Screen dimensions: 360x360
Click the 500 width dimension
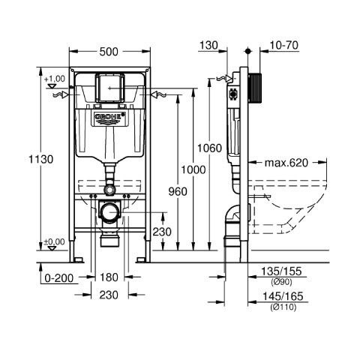point(109,52)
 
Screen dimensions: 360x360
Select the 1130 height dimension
point(41,159)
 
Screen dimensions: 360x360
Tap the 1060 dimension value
point(209,148)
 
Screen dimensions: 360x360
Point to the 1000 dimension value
point(193,169)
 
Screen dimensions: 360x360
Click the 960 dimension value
point(178,192)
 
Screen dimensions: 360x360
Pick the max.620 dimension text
point(286,163)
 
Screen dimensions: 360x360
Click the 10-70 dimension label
point(283,46)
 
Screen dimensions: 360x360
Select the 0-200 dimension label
point(59,277)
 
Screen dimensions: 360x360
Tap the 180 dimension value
point(109,277)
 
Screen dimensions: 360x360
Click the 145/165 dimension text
point(283,296)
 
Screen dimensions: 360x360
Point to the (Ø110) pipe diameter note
point(283,307)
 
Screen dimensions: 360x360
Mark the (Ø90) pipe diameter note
point(281,282)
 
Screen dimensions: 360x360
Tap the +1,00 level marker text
point(55,79)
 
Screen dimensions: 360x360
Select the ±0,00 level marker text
point(54,241)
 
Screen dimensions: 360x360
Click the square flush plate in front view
point(109,88)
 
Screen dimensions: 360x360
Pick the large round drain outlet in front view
point(109,212)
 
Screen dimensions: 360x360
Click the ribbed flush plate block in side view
point(255,88)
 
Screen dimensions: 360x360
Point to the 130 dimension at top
point(208,46)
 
